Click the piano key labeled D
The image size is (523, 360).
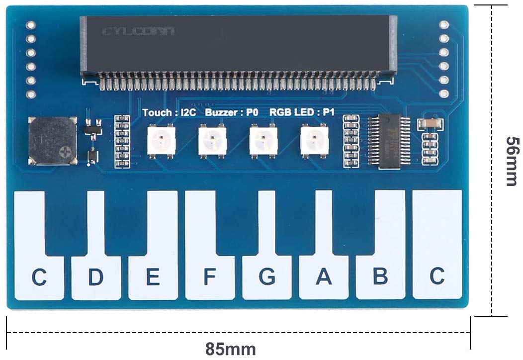point(96,276)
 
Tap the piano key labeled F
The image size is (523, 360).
point(209,276)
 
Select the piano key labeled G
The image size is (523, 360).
point(266,276)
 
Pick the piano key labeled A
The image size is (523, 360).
point(324,276)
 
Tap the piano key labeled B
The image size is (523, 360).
point(380,276)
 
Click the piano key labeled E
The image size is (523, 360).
point(153,276)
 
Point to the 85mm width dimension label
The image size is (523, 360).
point(231,349)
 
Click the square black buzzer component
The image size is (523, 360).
point(52,141)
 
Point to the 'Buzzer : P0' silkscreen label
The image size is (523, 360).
point(232,112)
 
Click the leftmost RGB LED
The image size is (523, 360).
point(162,141)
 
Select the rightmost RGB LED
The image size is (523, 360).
point(315,141)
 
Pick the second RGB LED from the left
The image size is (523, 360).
point(213,141)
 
